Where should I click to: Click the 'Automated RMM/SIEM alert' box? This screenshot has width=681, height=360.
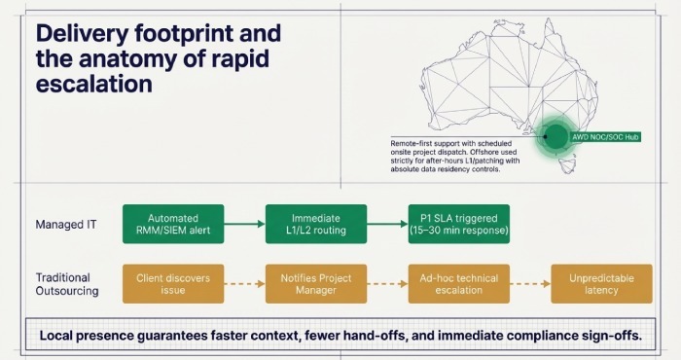172,225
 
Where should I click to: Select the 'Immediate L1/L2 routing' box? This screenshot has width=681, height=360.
315,225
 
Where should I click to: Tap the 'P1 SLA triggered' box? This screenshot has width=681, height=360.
457,225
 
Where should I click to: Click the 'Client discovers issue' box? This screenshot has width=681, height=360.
172,283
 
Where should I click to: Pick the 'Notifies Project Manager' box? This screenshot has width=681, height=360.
315,283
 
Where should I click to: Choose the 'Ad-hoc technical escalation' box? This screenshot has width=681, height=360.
457,283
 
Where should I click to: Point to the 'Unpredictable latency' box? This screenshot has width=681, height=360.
601,283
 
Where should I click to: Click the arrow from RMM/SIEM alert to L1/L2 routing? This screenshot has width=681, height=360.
244,225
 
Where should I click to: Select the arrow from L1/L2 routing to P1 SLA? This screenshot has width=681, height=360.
386,225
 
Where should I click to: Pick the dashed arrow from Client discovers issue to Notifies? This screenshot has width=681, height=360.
244,283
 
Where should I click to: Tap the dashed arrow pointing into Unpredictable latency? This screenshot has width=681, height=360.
529,283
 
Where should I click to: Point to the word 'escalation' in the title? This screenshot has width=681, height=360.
93,84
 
